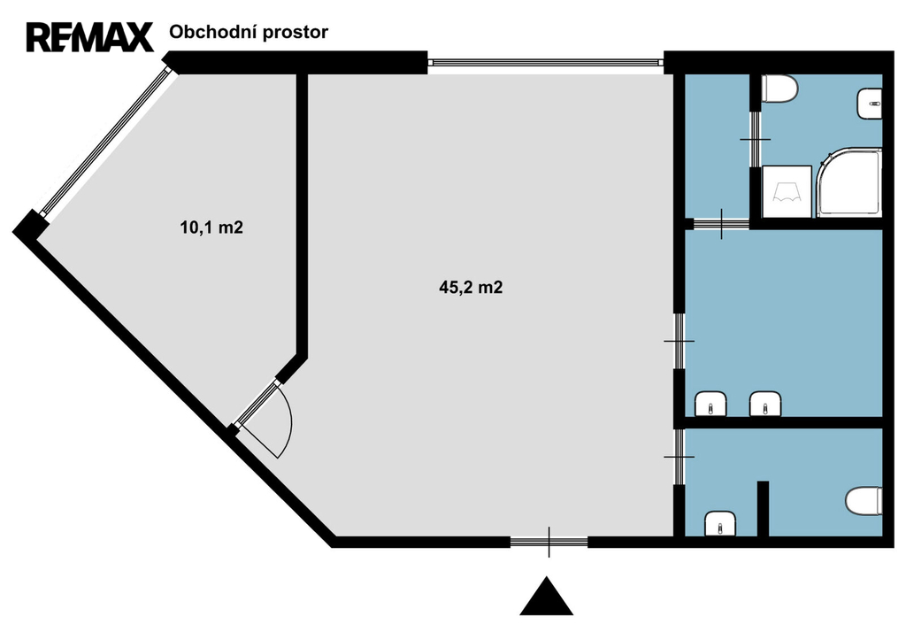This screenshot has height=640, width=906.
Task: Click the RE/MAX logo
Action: (89, 37)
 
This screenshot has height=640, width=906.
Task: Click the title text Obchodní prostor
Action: (249, 33)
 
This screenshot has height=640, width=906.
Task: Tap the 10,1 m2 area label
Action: (211, 227)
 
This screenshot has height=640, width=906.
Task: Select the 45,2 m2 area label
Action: (471, 288)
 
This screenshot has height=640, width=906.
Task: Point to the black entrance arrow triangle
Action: (546, 596)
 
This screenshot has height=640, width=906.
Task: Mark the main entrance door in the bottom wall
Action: (549, 542)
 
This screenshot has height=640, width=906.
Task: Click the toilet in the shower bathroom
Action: (780, 90)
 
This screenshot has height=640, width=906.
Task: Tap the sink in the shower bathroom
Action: (869, 104)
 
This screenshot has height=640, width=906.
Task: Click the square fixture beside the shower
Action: (787, 192)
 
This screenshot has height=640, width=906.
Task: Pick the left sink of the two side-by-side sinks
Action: (710, 404)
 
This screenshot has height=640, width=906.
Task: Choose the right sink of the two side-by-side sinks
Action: (765, 404)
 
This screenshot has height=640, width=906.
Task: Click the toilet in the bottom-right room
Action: (864, 501)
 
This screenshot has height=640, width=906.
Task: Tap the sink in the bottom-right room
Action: (720, 524)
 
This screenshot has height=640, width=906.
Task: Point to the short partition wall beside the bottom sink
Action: (763, 509)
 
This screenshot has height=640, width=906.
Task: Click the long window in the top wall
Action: (545, 63)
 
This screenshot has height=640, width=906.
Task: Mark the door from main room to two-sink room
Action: (679, 341)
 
